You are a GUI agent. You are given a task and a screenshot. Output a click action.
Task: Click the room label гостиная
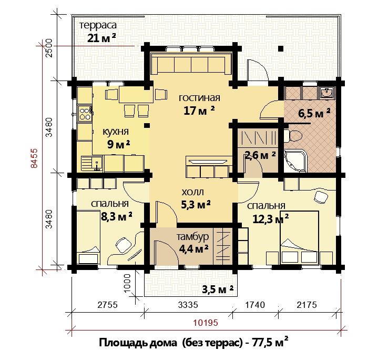[199, 98]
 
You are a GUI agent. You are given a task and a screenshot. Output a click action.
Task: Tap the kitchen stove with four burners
[85, 113]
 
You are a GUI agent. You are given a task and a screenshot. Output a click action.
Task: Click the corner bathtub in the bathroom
[295, 161]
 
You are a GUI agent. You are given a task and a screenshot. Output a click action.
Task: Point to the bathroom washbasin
[327, 93]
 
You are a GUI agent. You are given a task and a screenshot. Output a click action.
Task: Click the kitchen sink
[91, 164]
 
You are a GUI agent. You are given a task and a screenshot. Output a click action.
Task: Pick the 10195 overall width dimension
[206, 323]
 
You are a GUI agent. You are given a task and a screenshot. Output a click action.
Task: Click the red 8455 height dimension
[34, 158]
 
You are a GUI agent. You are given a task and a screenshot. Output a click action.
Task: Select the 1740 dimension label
[255, 305]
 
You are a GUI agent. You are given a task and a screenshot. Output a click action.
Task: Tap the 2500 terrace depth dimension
[49, 48]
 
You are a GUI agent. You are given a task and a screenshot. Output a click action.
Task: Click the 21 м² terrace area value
[101, 38]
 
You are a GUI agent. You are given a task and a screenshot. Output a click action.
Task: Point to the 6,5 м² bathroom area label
[314, 114]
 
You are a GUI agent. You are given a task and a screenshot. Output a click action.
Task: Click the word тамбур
[192, 237]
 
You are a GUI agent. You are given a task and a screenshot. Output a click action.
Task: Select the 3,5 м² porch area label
[218, 289]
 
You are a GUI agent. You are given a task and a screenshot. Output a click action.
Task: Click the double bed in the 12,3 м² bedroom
[299, 237]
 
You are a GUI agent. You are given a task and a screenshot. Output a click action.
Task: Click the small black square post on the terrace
[281, 48]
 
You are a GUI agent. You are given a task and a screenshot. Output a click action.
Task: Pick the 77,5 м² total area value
[270, 343]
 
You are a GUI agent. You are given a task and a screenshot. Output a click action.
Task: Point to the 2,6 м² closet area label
[260, 155]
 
